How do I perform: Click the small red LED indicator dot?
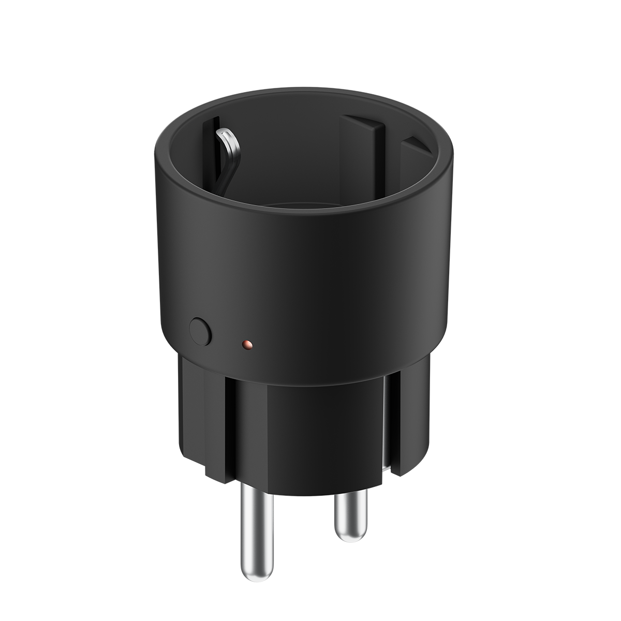pyautogui.click(x=247, y=344)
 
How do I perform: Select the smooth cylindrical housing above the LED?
pyautogui.click(x=310, y=274)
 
